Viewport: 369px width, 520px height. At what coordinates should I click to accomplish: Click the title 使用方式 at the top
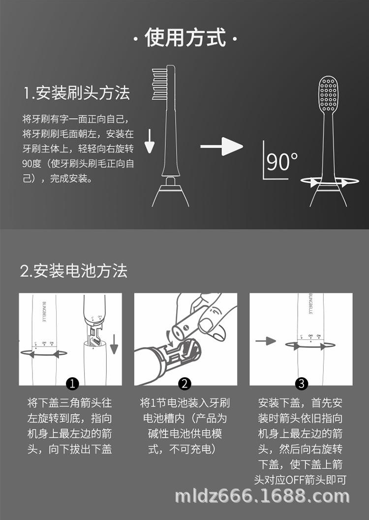(x=185, y=38)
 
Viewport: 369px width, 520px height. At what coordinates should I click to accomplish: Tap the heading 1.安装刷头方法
(x=77, y=93)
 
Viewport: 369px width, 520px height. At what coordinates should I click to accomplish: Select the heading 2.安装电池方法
(x=74, y=270)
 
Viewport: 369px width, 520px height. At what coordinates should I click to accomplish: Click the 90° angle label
(x=281, y=162)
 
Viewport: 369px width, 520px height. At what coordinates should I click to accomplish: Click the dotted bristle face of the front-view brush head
(x=328, y=94)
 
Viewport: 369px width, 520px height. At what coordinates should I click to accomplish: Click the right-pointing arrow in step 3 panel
(x=266, y=340)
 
